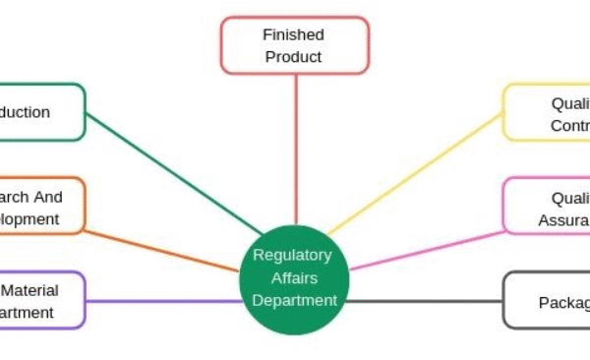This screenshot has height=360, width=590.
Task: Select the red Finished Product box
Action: [x=294, y=45]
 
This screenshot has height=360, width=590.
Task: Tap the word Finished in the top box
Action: [x=293, y=34]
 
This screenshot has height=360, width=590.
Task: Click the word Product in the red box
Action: [x=293, y=57]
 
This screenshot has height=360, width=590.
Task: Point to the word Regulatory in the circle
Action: [x=293, y=255]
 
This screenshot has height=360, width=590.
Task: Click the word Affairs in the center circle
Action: [x=293, y=277]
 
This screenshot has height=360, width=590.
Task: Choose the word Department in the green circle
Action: [x=294, y=299]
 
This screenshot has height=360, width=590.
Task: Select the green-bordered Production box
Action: [x=39, y=112]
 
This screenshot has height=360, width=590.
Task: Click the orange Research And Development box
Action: [x=39, y=207]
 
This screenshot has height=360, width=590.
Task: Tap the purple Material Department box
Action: [x=39, y=300]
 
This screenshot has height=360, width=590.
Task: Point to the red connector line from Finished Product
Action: [x=295, y=148]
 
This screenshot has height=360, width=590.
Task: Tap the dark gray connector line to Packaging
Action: [x=423, y=300]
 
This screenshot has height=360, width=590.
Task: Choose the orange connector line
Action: [x=162, y=251]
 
